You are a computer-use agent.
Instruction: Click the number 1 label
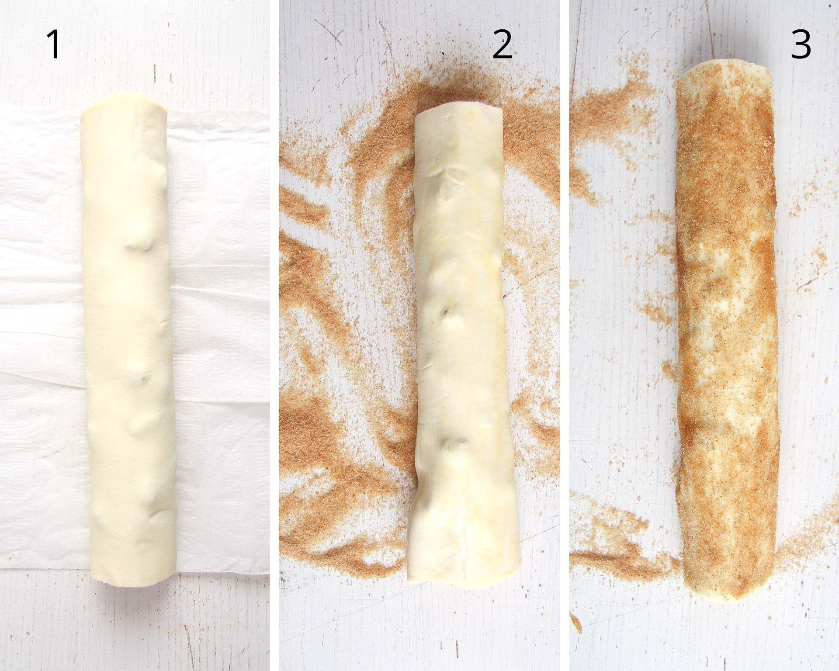pyautogui.click(x=54, y=45)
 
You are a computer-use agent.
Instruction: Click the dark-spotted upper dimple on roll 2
pyautogui.click(x=445, y=313)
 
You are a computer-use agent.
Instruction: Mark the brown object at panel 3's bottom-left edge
pyautogui.click(x=576, y=622)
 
